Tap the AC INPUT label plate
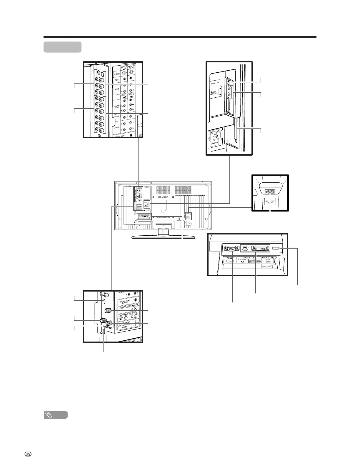click(270, 203)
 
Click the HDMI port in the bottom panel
click(276, 248)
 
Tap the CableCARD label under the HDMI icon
click(267, 265)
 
